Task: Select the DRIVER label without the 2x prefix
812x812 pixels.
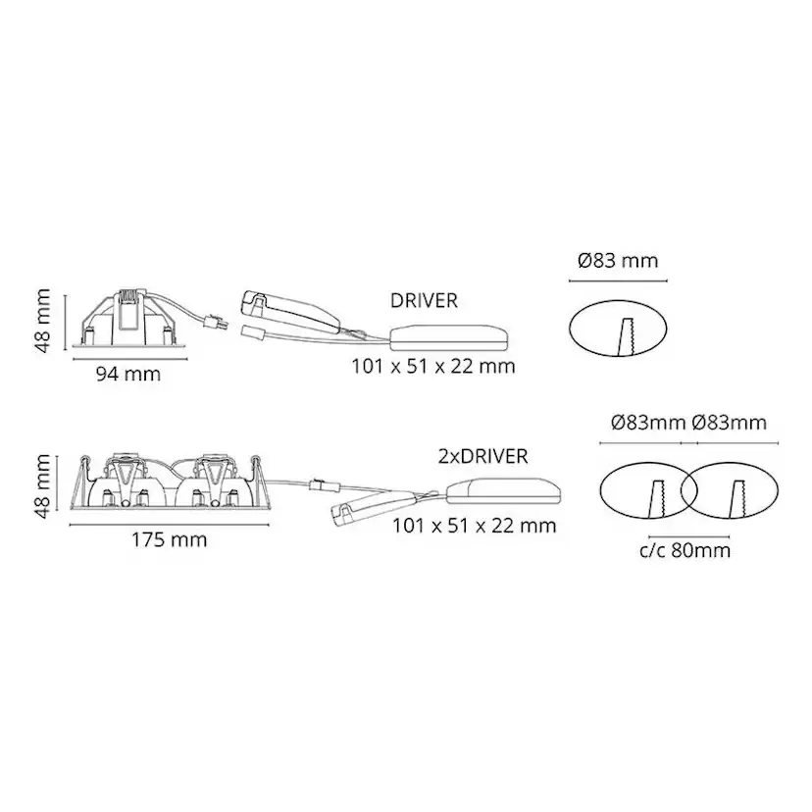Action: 423,301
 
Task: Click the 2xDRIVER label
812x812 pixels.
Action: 483,456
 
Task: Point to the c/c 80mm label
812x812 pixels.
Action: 684,550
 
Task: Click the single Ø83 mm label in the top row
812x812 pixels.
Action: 618,261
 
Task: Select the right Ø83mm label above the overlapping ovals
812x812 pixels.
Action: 729,423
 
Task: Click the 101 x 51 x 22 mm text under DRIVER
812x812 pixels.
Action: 432,367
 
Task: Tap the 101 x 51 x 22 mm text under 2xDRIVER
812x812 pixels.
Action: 474,526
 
